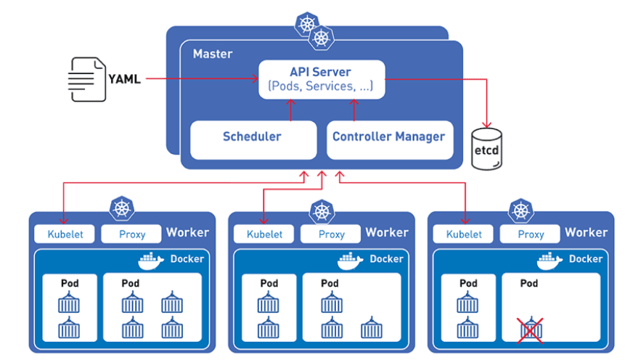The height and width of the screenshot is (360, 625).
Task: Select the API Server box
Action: [x=320, y=79]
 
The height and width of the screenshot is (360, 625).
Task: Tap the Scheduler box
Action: [x=252, y=136]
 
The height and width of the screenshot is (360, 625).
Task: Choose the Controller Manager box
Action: [x=388, y=136]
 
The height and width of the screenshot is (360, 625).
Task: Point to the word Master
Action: [x=212, y=54]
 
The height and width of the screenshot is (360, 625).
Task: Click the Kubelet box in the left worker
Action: [x=65, y=234]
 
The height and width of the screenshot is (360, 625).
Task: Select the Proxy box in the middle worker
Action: [x=332, y=234]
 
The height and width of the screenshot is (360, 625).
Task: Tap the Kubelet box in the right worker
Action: [x=463, y=234]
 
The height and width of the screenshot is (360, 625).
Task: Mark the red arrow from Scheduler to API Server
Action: [x=290, y=110]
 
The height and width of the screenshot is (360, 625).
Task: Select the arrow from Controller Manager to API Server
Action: [x=354, y=110]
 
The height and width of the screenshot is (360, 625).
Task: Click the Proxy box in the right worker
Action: [x=531, y=234]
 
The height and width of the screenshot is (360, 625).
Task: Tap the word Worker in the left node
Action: [x=187, y=232]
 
